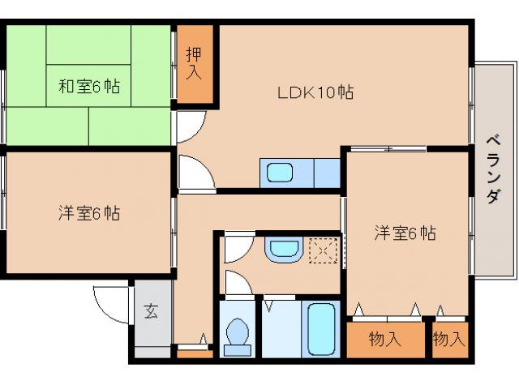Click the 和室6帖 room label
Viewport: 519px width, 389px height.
click(x=89, y=86)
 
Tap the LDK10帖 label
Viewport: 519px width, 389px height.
click(x=315, y=92)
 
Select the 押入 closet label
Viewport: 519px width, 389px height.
click(x=193, y=64)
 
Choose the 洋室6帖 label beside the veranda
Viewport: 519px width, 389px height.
click(x=405, y=233)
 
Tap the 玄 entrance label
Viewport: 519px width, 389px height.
click(x=152, y=311)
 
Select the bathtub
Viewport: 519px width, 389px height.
click(x=322, y=328)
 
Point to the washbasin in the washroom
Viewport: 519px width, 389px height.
click(x=282, y=250)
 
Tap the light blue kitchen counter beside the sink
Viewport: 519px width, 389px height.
click(x=326, y=173)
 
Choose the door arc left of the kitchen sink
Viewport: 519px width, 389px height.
click(x=195, y=173)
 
